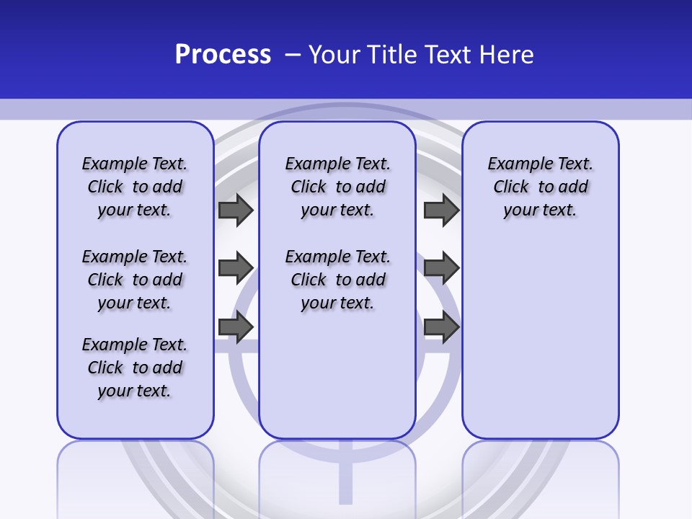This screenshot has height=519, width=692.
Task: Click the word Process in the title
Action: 223,55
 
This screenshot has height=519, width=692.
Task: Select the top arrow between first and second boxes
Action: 236,210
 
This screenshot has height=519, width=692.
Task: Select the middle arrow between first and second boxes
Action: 236,268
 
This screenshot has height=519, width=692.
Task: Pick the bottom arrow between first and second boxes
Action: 236,327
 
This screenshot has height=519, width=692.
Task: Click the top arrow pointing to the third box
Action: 441,210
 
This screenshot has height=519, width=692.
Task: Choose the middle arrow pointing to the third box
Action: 441,268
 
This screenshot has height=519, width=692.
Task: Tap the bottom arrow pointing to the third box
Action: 441,327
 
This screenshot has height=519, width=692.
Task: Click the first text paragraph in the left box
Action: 135,187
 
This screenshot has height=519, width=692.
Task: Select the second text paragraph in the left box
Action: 135,280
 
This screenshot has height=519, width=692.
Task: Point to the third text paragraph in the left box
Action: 135,368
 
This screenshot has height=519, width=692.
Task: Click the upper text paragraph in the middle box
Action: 337,187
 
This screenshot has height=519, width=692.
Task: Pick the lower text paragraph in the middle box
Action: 337,280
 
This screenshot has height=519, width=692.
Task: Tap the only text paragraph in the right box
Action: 540,187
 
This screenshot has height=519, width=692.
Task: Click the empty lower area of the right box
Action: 540,339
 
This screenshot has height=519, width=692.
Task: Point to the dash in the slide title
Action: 293,55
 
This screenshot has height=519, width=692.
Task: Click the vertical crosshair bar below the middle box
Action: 346,479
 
